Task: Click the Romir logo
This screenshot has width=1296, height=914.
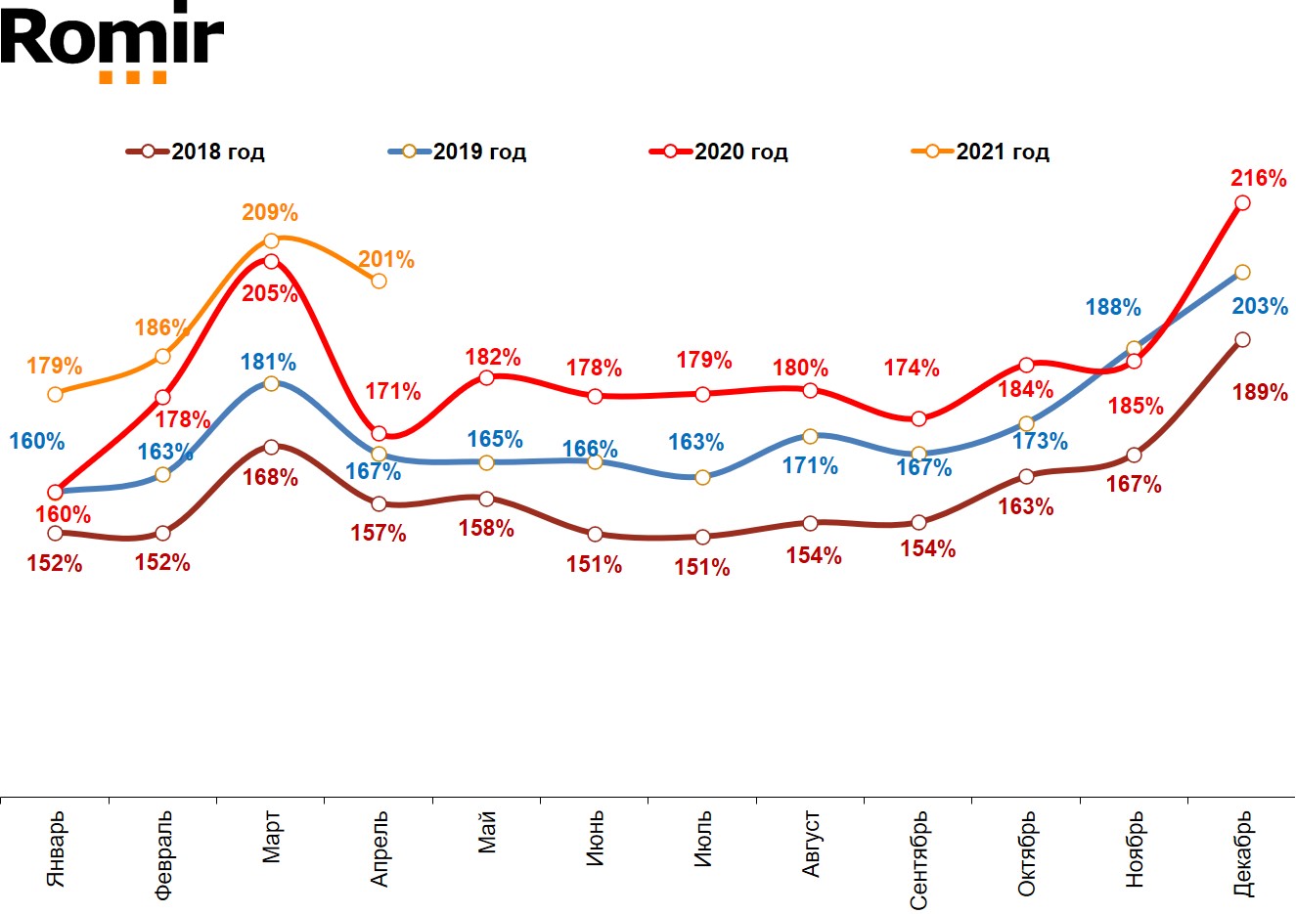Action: click(112, 45)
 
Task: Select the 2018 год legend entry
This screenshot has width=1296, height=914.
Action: click(196, 152)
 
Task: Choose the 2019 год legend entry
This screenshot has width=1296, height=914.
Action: click(458, 152)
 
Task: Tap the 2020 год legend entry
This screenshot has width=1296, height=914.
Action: click(719, 152)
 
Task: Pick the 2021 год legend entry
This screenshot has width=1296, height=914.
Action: click(981, 152)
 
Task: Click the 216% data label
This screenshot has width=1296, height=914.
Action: click(1259, 178)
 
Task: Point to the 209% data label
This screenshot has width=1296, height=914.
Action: click(270, 212)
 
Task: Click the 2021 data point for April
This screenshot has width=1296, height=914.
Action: click(379, 281)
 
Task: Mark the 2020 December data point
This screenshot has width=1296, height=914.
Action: click(1242, 202)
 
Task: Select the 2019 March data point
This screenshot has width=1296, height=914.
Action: click(271, 383)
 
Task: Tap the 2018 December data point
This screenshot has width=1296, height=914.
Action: click(1242, 339)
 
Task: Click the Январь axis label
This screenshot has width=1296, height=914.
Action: click(56, 849)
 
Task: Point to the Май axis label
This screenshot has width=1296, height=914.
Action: click(487, 832)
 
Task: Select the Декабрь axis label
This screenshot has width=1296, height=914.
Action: click(1242, 853)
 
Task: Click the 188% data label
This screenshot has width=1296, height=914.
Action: click(1113, 307)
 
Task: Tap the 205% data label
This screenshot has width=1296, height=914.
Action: click(270, 292)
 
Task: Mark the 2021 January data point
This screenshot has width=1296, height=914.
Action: click(55, 394)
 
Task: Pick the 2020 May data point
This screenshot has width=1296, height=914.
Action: click(487, 377)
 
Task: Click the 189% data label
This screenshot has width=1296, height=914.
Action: click(1260, 392)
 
